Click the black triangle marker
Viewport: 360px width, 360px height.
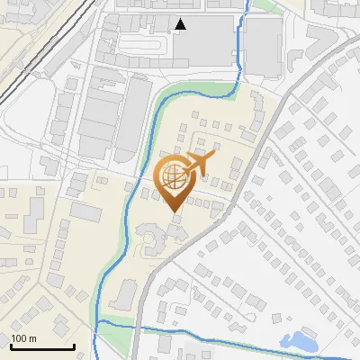[182, 24]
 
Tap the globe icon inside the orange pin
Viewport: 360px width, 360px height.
[174, 175]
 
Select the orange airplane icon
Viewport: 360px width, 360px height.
[197, 164]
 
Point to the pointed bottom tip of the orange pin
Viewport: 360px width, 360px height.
[175, 211]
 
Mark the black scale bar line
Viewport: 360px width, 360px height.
[42, 346]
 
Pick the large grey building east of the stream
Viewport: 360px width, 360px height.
[264, 46]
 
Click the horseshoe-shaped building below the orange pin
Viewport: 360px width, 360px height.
[151, 238]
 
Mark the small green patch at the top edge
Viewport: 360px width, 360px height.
[262, 5]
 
